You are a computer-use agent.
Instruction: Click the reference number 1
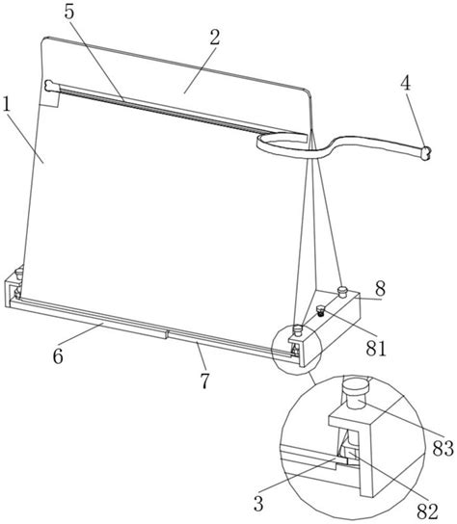click(7, 105)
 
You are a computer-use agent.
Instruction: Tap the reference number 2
click(215, 38)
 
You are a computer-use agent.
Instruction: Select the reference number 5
click(69, 12)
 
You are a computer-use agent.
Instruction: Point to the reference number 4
click(406, 84)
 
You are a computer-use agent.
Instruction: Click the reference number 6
click(58, 356)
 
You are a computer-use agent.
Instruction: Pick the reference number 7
click(204, 381)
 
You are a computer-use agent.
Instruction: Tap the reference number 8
click(381, 289)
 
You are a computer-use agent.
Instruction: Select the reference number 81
click(376, 349)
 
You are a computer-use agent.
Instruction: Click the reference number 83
click(443, 448)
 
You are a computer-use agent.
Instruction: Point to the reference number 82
click(427, 511)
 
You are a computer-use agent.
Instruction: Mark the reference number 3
click(258, 504)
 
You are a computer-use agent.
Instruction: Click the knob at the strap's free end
click(425, 153)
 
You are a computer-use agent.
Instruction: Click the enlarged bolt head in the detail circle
click(356, 394)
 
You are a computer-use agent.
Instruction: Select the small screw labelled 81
click(321, 311)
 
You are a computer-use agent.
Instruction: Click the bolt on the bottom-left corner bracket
click(19, 272)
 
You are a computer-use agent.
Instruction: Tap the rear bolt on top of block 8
click(342, 291)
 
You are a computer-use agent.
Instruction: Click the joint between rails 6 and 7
click(167, 334)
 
